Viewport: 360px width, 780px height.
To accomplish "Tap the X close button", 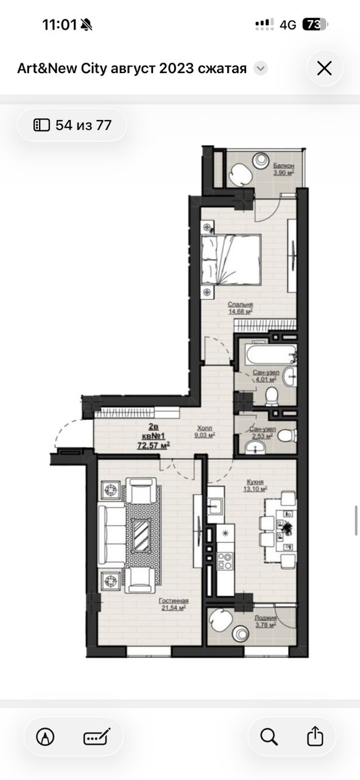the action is (324, 69).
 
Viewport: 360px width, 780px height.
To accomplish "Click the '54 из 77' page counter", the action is (72, 125).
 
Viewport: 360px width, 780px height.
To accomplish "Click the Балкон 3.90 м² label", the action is (284, 169).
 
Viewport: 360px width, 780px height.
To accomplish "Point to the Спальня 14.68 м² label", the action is (240, 308).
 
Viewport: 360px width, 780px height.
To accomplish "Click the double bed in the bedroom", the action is (231, 260).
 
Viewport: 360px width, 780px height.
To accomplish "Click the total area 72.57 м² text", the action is (154, 445).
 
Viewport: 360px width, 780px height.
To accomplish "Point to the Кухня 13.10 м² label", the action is (255, 485).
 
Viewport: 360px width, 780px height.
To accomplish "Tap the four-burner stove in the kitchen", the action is (225, 561).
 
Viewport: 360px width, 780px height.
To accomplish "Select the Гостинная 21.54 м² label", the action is (174, 604).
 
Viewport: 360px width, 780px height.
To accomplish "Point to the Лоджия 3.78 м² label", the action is (266, 621).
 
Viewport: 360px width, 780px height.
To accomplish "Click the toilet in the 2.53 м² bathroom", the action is (288, 436).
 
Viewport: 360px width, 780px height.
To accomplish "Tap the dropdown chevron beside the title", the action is (260, 68).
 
